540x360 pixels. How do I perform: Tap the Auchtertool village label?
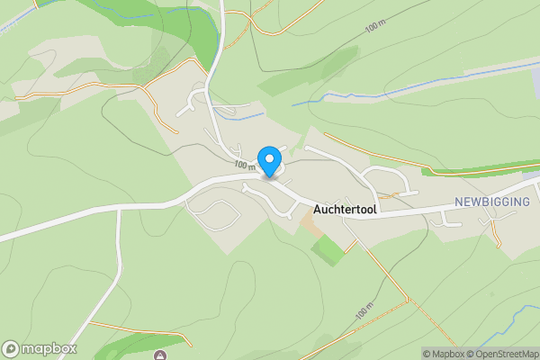pos(346,209)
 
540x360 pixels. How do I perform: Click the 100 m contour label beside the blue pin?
pos(245,166)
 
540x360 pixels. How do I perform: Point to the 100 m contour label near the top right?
pos(379,27)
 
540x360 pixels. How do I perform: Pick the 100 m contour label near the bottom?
pos(364,312)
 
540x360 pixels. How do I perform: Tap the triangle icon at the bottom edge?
pos(159,355)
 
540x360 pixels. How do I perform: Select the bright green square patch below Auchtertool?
pos(328,250)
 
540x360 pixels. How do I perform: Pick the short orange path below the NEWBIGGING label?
pos(496,233)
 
